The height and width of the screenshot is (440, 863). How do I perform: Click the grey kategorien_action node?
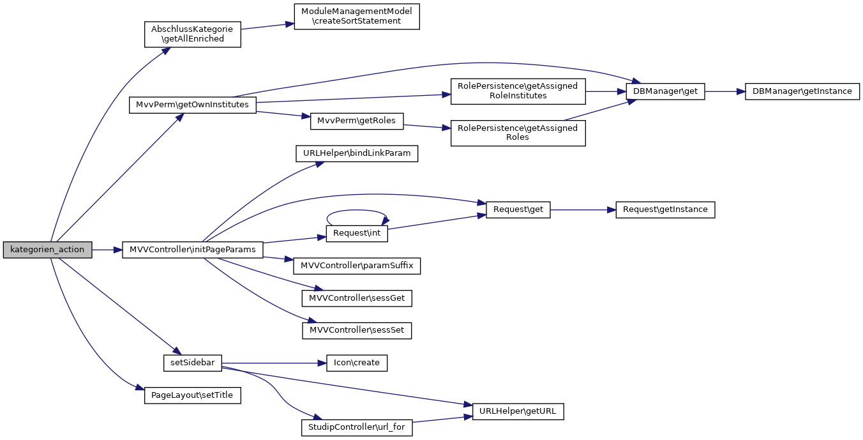coord(47,250)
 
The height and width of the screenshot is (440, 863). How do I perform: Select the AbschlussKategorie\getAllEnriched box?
coord(192,34)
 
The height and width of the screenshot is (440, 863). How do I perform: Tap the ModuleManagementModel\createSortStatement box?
coord(357,16)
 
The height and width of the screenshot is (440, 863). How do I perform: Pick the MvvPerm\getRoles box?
coord(357,121)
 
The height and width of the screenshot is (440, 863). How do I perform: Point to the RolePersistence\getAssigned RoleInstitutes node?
coord(518,91)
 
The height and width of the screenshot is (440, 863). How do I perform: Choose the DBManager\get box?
coord(666,91)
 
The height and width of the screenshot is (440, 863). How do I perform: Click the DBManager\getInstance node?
coord(802,91)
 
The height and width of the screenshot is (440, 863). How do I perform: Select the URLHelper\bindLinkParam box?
coord(357,153)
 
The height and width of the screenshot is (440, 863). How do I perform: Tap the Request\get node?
coord(518,209)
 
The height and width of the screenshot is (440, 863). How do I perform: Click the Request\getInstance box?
coord(665,209)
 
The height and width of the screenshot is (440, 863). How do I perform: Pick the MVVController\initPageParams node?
coord(192,250)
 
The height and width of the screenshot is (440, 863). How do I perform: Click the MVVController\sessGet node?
coord(357,298)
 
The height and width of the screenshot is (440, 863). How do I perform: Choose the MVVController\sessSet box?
coord(357,330)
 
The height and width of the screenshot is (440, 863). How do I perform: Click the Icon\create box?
coord(357,363)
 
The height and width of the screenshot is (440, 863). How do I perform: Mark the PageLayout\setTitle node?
coord(192,395)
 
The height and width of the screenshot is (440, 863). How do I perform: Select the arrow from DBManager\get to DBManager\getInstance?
coord(724,91)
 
